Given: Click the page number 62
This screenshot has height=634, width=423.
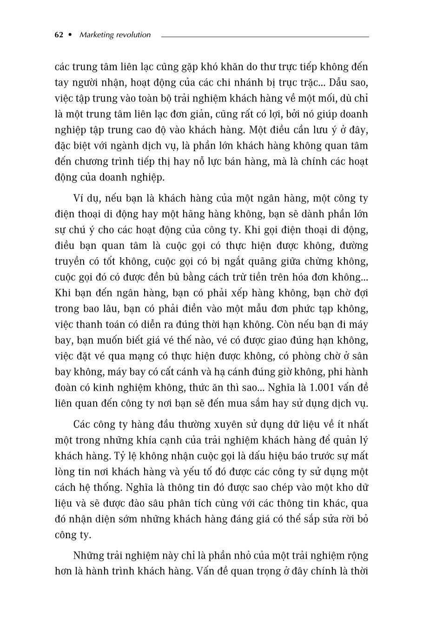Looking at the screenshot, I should [x=59, y=35].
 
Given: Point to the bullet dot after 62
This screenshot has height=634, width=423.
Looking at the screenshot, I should [x=71, y=35].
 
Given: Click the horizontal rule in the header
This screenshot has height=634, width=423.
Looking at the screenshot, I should [x=265, y=36].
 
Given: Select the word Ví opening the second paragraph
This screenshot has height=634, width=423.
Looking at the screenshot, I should [x=79, y=198].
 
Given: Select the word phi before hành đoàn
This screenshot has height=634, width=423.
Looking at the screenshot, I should [x=336, y=372].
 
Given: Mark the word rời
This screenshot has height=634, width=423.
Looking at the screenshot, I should [x=346, y=519].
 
